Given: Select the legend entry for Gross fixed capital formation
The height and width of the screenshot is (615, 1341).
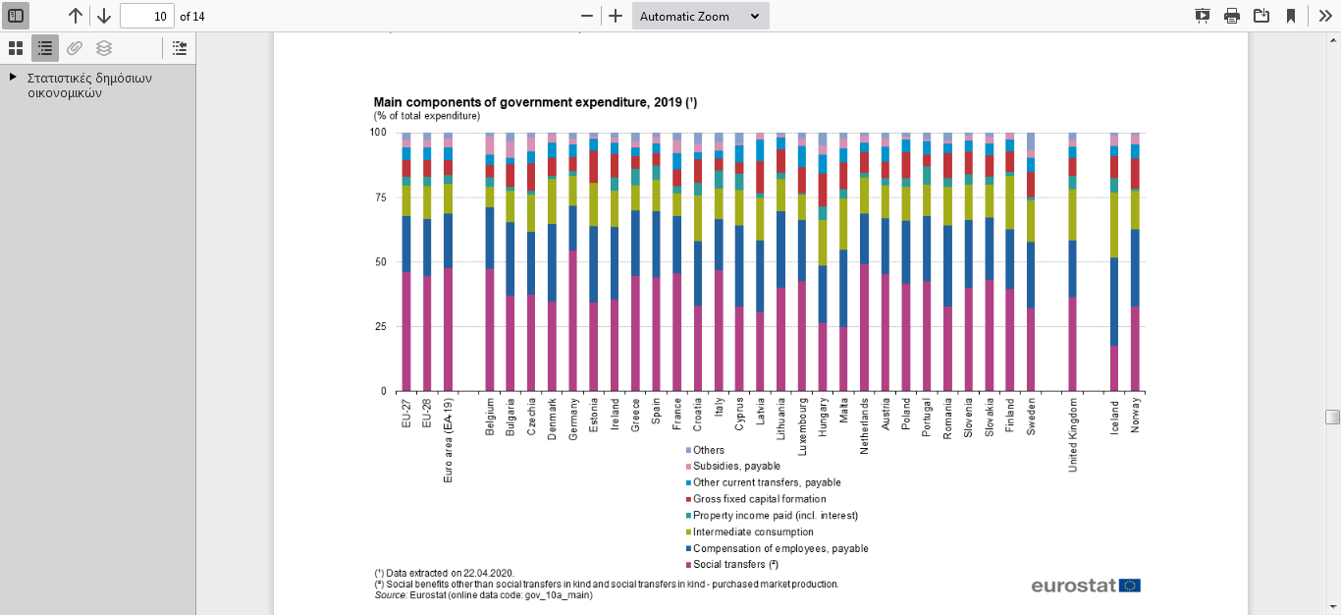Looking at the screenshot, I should (x=746, y=499).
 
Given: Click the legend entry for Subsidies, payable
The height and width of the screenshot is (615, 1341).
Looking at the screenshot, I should (x=736, y=466).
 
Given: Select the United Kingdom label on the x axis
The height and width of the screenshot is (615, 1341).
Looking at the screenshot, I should (x=1073, y=433).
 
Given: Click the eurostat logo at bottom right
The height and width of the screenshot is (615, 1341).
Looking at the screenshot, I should (x=1086, y=586).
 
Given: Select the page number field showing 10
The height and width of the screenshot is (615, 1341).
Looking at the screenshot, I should (x=147, y=16).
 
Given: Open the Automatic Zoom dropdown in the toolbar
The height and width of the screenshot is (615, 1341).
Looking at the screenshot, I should (x=700, y=16).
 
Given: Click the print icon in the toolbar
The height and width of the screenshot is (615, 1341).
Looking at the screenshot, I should (x=1232, y=16).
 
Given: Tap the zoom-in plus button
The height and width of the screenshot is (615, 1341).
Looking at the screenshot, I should (x=616, y=16).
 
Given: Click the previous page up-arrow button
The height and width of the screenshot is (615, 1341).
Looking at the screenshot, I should (x=76, y=16).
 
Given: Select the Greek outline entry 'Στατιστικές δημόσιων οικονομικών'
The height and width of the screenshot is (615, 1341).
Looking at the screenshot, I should (x=89, y=85).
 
